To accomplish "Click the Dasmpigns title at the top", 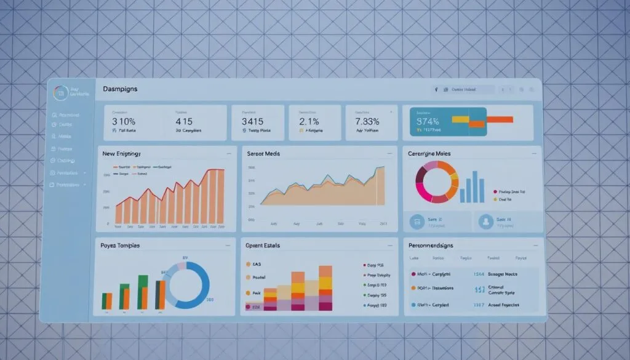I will tap(121, 89).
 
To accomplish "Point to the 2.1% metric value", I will tap(309, 121).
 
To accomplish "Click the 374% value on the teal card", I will tap(428, 121).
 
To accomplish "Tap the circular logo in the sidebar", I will tap(60, 93).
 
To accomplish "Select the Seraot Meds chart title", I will tap(263, 153).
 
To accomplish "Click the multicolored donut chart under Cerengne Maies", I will tap(437, 182).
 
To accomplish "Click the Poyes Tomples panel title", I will tap(120, 246).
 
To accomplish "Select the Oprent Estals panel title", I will tap(263, 246).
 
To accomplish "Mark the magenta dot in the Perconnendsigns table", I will tap(413, 273).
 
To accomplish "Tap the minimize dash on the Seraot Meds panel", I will tap(389, 153).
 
